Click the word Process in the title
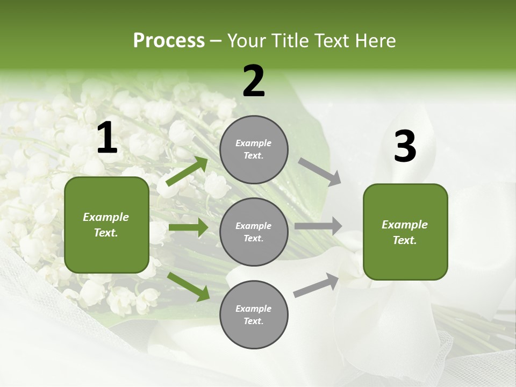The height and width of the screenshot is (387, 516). pyautogui.click(x=169, y=41)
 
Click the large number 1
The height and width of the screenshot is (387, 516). pyautogui.click(x=107, y=138)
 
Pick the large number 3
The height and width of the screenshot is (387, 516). pyautogui.click(x=405, y=147)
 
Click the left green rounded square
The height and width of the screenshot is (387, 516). pyautogui.click(x=106, y=225)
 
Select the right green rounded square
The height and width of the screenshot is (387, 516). pyautogui.click(x=405, y=232)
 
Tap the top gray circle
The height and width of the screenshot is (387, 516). pyautogui.click(x=254, y=149)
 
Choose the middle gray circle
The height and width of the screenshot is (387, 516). pyautogui.click(x=254, y=232)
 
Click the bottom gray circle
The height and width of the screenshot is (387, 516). pyautogui.click(x=254, y=315)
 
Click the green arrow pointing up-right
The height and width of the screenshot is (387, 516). pyautogui.click(x=187, y=171)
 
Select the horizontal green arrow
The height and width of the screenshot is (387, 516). pyautogui.click(x=188, y=227)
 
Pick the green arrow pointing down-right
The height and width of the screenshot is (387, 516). pyautogui.click(x=188, y=286)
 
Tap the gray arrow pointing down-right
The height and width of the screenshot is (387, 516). pyautogui.click(x=319, y=172)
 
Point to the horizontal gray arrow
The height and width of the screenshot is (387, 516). pyautogui.click(x=318, y=226)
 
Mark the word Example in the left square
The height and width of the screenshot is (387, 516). pyautogui.click(x=106, y=217)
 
